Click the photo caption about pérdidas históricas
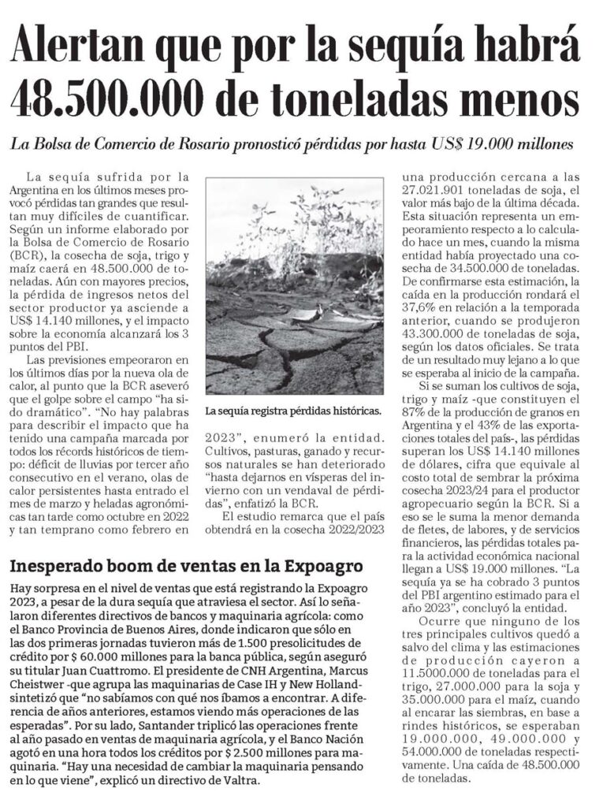292,411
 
